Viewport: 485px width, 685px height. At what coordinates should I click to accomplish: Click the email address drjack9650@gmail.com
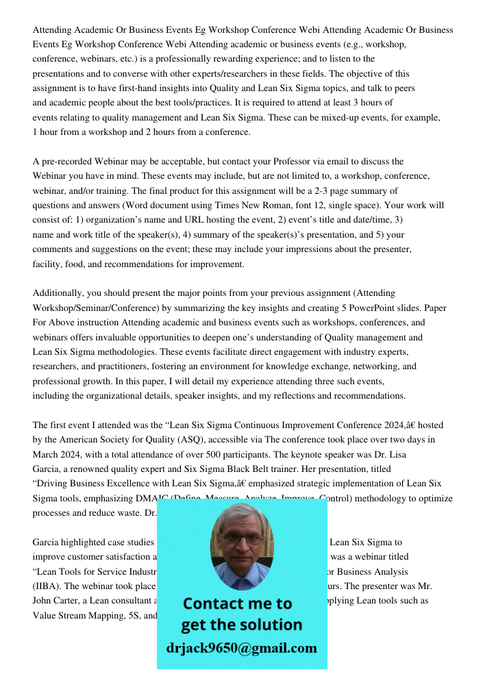tap(242, 648)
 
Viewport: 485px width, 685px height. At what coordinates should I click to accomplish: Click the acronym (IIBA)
tap(48, 586)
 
